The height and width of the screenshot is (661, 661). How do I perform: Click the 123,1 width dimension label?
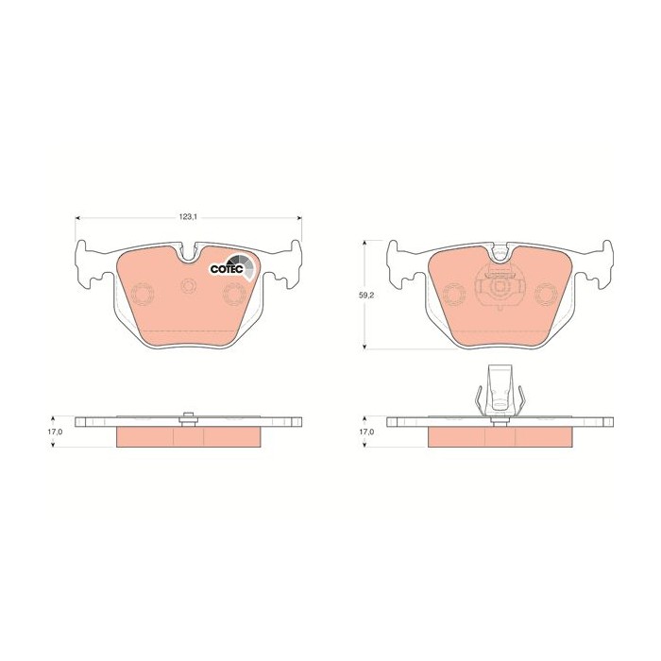[189, 217]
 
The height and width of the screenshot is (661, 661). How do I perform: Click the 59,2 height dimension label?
[365, 295]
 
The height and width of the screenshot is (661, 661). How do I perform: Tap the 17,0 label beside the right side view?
[366, 432]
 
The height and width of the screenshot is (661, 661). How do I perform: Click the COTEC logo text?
[227, 269]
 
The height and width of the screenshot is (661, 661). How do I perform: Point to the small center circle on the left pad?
[189, 286]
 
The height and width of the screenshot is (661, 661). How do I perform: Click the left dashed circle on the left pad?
[143, 294]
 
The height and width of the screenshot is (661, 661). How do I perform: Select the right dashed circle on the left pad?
[234, 294]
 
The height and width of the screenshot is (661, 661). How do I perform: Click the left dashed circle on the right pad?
[455, 294]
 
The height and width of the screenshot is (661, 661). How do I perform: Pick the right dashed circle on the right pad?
[546, 294]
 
